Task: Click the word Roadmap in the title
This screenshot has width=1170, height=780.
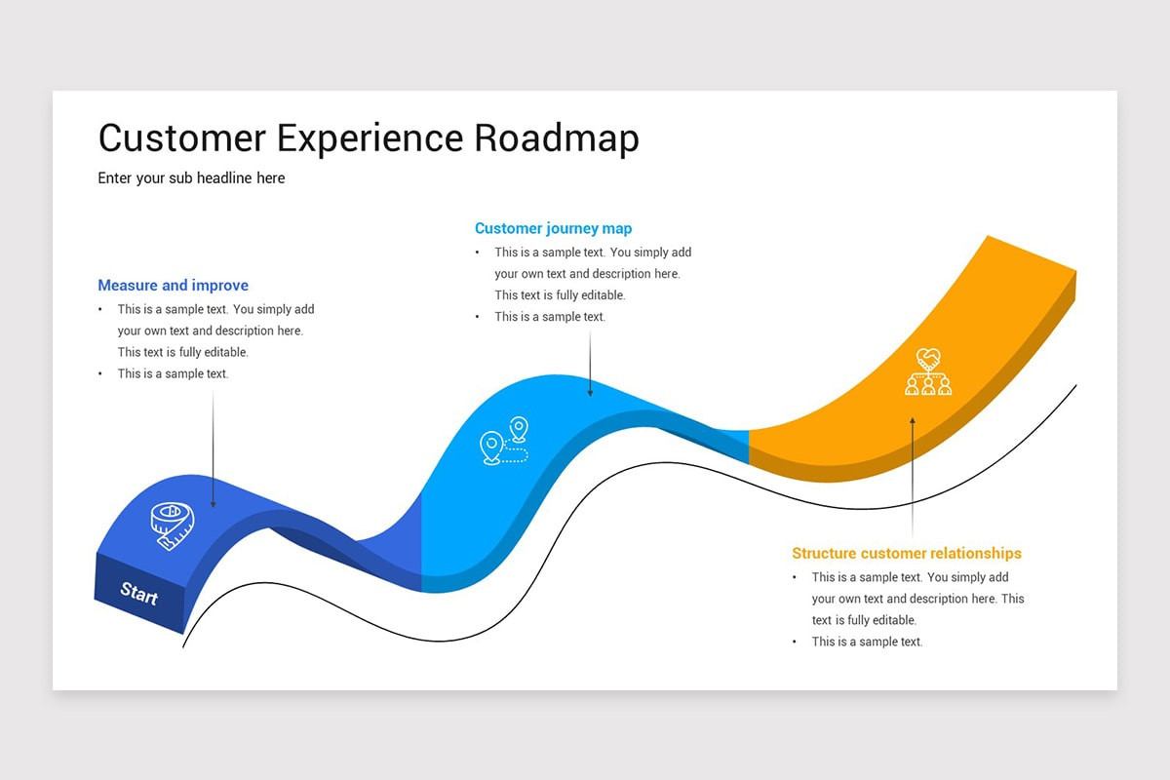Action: tap(557, 138)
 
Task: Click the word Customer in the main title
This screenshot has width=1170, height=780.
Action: tap(181, 138)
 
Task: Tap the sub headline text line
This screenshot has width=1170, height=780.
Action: tap(191, 178)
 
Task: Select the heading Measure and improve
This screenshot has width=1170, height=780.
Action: tap(173, 286)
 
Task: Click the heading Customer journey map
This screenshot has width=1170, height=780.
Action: tap(553, 228)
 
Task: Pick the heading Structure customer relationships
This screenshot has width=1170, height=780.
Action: tap(906, 553)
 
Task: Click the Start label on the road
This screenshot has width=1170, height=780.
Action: tap(138, 593)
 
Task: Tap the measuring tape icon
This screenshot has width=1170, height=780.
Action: tap(172, 526)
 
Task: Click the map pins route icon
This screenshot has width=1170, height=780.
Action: tap(504, 442)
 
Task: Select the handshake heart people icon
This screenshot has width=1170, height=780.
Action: tap(927, 372)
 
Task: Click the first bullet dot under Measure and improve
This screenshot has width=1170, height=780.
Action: tap(100, 310)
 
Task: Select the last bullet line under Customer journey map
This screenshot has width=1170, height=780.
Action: tap(549, 317)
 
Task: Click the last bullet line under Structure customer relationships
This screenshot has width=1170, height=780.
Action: tap(867, 642)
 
